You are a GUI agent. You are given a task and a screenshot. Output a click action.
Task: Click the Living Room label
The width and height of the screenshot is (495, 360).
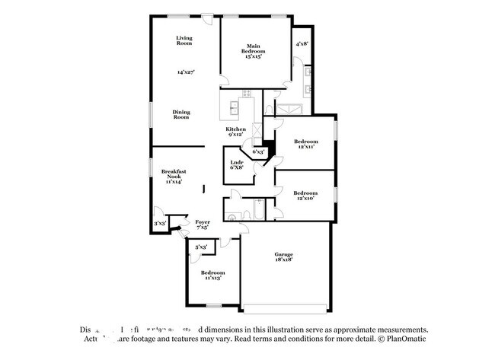(184, 40)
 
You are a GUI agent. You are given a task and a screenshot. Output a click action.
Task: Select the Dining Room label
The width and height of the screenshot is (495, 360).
(180, 114)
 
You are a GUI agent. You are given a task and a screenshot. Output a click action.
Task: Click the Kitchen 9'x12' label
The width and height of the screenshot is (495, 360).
(235, 132)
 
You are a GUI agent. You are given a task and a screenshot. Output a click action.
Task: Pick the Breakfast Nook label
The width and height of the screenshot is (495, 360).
(171, 177)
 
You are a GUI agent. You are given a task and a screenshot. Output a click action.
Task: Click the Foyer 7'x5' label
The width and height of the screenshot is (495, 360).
(203, 225)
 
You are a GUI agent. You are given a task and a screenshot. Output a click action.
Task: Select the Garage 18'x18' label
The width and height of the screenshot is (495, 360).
(284, 257)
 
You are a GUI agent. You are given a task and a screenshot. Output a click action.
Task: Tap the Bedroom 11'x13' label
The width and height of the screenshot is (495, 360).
(212, 275)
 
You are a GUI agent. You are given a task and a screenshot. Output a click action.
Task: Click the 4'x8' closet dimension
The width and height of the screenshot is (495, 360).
(302, 43)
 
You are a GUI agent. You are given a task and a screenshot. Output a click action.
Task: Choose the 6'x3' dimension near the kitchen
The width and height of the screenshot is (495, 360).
(258, 151)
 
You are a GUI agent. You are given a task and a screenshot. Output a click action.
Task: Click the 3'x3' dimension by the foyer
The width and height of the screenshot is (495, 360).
(159, 224)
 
